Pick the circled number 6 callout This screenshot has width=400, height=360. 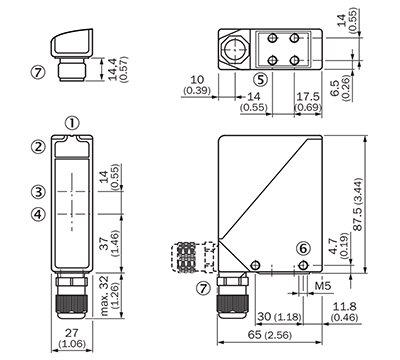click(303, 248)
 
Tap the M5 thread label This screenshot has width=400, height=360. click(322, 285)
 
